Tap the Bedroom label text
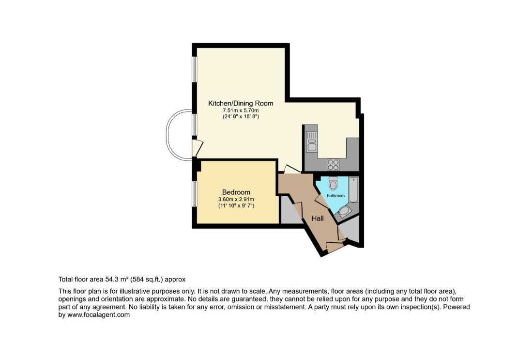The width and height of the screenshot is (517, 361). point(236,192)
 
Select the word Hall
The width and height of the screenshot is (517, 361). point(318,219)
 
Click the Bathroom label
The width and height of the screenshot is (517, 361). point(335,196)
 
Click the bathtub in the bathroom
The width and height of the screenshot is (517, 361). point(353,190)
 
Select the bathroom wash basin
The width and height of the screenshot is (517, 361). point(345,211)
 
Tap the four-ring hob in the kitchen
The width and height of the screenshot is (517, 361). point(333,164)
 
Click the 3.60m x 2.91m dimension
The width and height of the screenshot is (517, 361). point(236,199)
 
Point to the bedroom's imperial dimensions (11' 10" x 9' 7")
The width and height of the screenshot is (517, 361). point(236,206)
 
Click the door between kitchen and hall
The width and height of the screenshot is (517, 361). point(292,169)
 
